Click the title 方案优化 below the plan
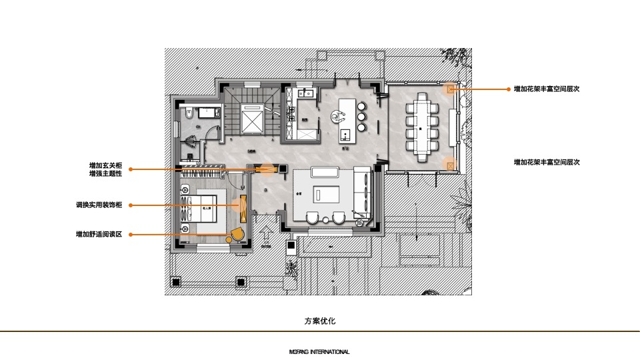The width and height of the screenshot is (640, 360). (x=320, y=321)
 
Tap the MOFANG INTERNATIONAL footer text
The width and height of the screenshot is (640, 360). (x=319, y=352)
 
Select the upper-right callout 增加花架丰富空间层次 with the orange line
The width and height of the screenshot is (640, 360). (x=546, y=89)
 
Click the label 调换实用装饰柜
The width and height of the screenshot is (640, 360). (x=99, y=205)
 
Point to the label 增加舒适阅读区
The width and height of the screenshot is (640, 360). (x=99, y=234)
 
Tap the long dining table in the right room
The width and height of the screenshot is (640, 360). (x=421, y=127)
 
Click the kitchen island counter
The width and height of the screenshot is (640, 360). (x=347, y=119)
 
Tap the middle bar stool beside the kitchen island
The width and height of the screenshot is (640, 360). (x=362, y=117)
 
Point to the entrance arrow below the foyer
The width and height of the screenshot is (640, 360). (x=267, y=235)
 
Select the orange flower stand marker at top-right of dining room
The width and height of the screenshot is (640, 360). (x=451, y=89)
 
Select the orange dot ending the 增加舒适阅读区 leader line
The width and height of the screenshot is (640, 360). (x=130, y=234)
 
